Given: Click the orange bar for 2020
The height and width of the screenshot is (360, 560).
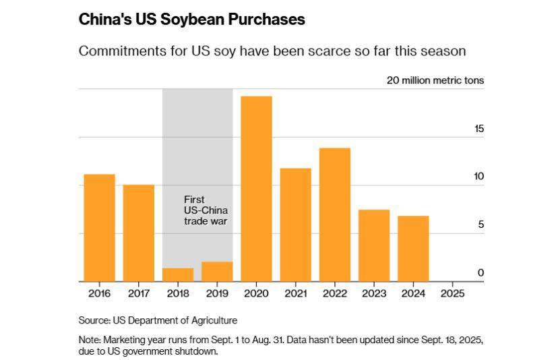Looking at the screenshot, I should click(256, 189).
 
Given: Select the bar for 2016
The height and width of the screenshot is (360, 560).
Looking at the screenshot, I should click(99, 228).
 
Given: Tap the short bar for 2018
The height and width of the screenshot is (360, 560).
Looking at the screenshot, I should click(178, 275).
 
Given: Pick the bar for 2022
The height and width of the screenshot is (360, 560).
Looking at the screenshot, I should click(334, 214).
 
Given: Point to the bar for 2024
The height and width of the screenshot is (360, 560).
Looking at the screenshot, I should click(412, 249).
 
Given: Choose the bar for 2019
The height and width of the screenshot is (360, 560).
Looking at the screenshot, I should click(217, 272).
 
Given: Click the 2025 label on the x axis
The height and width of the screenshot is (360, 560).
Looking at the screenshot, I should click(452, 294).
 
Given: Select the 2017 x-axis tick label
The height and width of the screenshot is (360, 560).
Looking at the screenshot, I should click(138, 294).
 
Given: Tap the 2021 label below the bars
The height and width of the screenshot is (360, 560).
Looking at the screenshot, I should click(295, 294).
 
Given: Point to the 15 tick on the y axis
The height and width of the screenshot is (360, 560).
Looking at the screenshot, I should click(478, 129).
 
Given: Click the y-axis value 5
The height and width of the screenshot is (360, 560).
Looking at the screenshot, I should click(480, 224).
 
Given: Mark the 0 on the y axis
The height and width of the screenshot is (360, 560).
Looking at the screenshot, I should click(480, 272).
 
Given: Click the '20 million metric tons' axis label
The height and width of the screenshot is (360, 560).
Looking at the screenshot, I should click(435, 80).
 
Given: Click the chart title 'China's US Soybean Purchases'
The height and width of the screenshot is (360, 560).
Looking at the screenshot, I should click(192, 20).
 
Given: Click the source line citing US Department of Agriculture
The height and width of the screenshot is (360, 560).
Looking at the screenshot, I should click(158, 320).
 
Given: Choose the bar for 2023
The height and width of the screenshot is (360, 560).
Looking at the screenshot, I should click(373, 245).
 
